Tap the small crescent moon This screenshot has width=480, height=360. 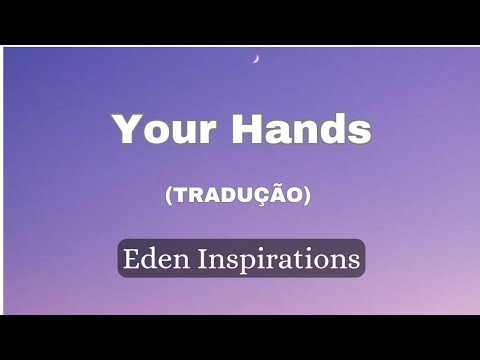click(x=257, y=59)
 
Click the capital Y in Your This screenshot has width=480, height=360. click(x=125, y=130)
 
